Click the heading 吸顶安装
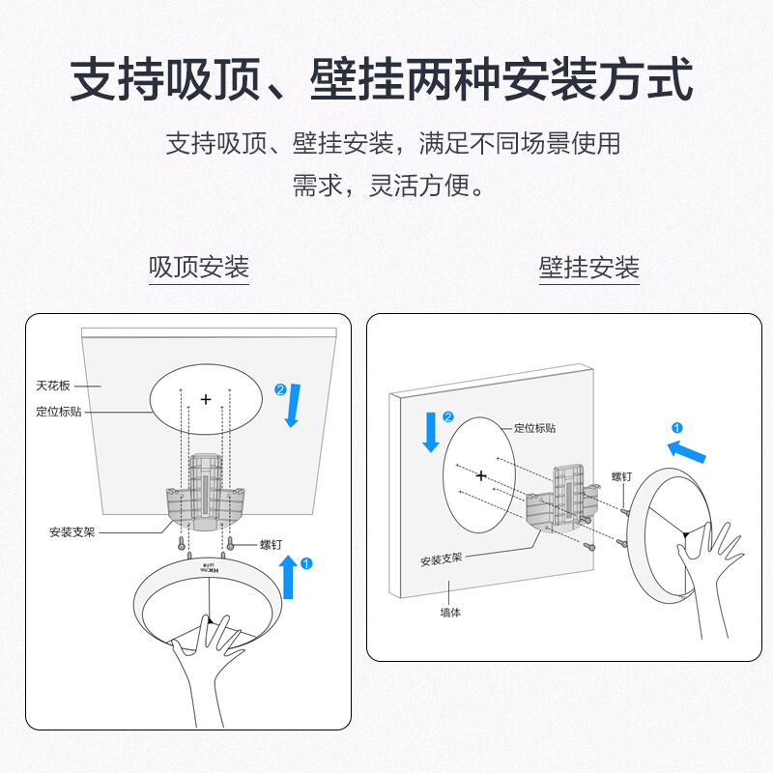pyautogui.click(x=199, y=267)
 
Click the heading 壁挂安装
pyautogui.click(x=588, y=267)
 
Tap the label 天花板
pyautogui.click(x=54, y=386)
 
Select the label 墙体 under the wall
pyautogui.click(x=451, y=613)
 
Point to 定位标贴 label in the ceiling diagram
pyautogui.click(x=58, y=412)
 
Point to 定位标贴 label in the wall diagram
pyautogui.click(x=534, y=427)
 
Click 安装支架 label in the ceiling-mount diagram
pyautogui.click(x=72, y=531)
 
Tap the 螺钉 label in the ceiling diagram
pyautogui.click(x=271, y=545)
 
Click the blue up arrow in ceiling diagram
pyautogui.click(x=289, y=577)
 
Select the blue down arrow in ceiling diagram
pyautogui.click(x=294, y=405)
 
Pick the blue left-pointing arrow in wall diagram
pyautogui.click(x=687, y=449)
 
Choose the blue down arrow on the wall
pyautogui.click(x=431, y=432)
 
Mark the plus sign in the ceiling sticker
pyautogui.click(x=206, y=399)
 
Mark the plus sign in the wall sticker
pyautogui.click(x=480, y=475)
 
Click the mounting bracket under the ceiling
pyautogui.click(x=204, y=494)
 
